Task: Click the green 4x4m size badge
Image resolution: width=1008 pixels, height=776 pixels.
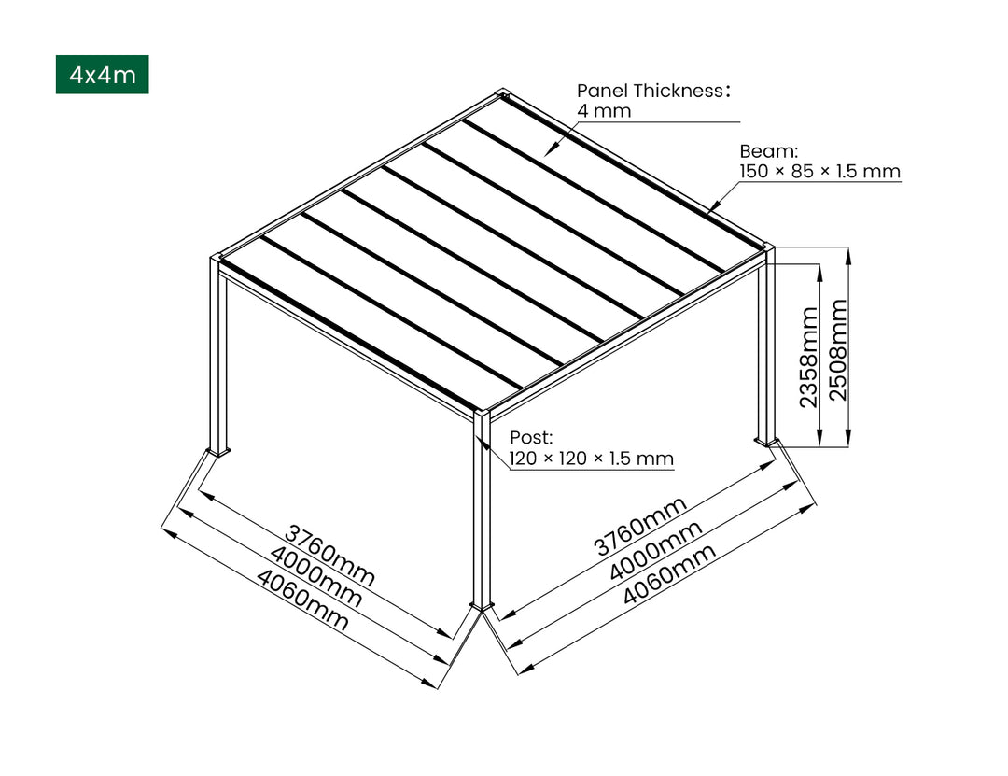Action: tap(102, 75)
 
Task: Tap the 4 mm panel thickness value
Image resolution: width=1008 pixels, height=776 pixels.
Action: tap(604, 111)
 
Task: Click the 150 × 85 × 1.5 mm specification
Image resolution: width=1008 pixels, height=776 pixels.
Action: tap(820, 172)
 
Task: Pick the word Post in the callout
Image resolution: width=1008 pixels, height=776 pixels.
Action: tap(531, 437)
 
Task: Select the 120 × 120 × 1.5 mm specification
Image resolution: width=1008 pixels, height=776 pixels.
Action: tap(591, 459)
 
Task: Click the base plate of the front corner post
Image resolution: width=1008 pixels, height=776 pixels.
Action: tap(483, 608)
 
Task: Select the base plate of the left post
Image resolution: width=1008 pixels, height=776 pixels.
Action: tap(218, 454)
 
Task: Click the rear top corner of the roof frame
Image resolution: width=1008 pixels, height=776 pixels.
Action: tap(504, 93)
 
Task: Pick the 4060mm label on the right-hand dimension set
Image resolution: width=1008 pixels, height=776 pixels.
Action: tap(668, 575)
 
